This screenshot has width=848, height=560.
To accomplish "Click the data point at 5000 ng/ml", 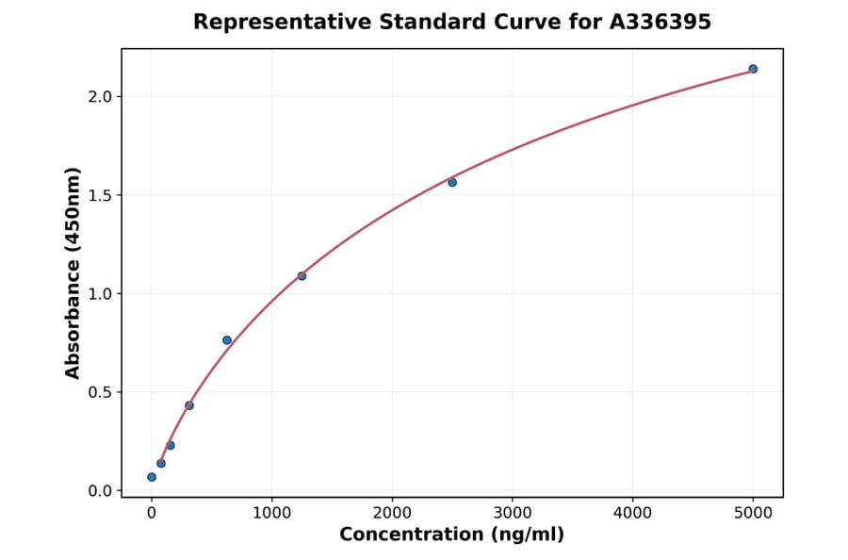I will pyautogui.click(x=753, y=69).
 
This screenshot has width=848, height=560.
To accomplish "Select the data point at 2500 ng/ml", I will pyautogui.click(x=452, y=182).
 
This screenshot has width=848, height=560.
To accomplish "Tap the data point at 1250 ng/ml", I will pyautogui.click(x=302, y=276).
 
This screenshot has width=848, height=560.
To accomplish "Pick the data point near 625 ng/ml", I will pyautogui.click(x=227, y=340).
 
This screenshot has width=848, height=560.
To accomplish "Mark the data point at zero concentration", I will pyautogui.click(x=152, y=477).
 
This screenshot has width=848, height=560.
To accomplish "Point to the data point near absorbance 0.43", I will pyautogui.click(x=189, y=405).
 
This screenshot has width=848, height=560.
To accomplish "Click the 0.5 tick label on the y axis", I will pyautogui.click(x=101, y=392).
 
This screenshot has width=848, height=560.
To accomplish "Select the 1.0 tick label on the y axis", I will pyautogui.click(x=101, y=294).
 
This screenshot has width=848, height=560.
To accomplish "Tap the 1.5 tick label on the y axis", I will pyautogui.click(x=101, y=195).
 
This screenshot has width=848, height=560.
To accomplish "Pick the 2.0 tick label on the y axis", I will pyautogui.click(x=101, y=97).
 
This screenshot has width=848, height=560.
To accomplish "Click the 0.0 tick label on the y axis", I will pyautogui.click(x=101, y=491).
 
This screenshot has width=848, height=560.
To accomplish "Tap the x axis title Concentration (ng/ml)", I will pyautogui.click(x=451, y=535).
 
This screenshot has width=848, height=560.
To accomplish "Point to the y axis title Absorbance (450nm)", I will pyautogui.click(x=73, y=272).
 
